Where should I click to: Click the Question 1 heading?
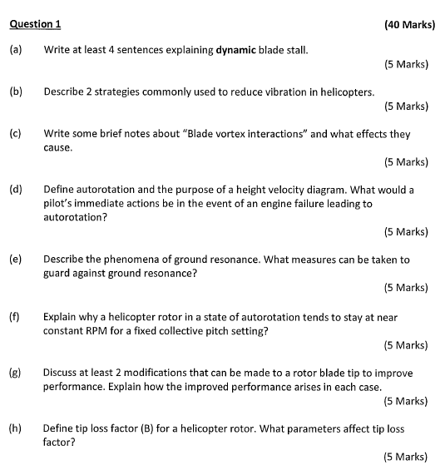click(36, 24)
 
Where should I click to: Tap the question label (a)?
click(16, 50)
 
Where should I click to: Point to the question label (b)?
click(16, 92)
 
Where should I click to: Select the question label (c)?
click(16, 133)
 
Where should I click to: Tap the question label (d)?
click(16, 190)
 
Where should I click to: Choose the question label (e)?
click(16, 260)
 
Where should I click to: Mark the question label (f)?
click(16, 317)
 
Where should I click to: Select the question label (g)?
click(16, 374)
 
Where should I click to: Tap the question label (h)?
click(16, 429)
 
